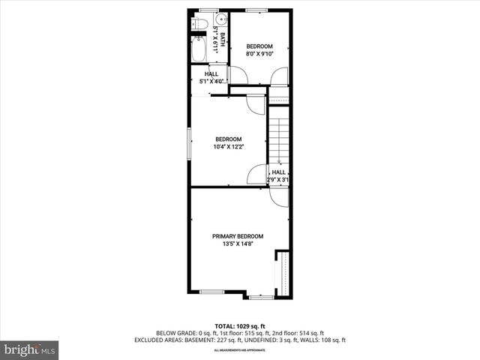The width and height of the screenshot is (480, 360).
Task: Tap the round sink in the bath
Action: click(220, 21)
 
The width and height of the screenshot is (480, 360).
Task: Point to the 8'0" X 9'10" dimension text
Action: click(261, 54)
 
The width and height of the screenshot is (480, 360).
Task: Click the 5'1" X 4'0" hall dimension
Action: click(211, 82)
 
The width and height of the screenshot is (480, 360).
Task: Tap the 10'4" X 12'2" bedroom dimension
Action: click(228, 147)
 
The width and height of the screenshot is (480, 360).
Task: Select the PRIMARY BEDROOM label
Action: click(237, 236)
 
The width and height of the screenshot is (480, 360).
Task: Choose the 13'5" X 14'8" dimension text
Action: click(237, 244)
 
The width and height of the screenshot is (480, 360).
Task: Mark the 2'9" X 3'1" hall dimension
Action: click(278, 180)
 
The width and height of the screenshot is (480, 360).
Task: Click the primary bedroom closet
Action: click(283, 274)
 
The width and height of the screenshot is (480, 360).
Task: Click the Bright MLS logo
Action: click(29, 349)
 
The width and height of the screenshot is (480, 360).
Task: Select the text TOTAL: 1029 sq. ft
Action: click(240, 326)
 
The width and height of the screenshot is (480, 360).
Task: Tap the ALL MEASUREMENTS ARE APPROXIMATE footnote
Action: click(240, 350)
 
